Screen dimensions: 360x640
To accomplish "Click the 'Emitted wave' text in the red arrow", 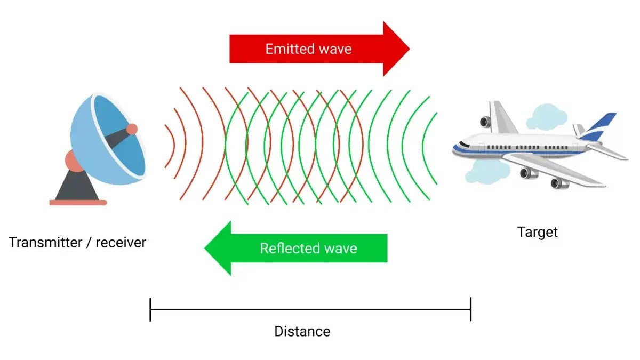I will tap(308, 49).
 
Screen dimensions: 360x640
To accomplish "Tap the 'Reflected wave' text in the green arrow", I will tap(308, 248).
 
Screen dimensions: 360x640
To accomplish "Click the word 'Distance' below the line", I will tap(302, 331).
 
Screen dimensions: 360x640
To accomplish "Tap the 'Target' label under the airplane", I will tap(537, 232).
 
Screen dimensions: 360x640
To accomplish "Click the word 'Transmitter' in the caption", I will tap(42, 243).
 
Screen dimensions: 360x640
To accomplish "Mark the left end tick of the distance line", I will tap(150, 309).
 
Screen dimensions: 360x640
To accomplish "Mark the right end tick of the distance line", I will tap(470, 309).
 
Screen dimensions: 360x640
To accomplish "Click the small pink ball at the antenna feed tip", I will tap(132, 129).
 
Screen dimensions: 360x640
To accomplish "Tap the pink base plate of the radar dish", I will tap(78, 202).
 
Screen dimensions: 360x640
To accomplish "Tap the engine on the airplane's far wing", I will tap(485, 122).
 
